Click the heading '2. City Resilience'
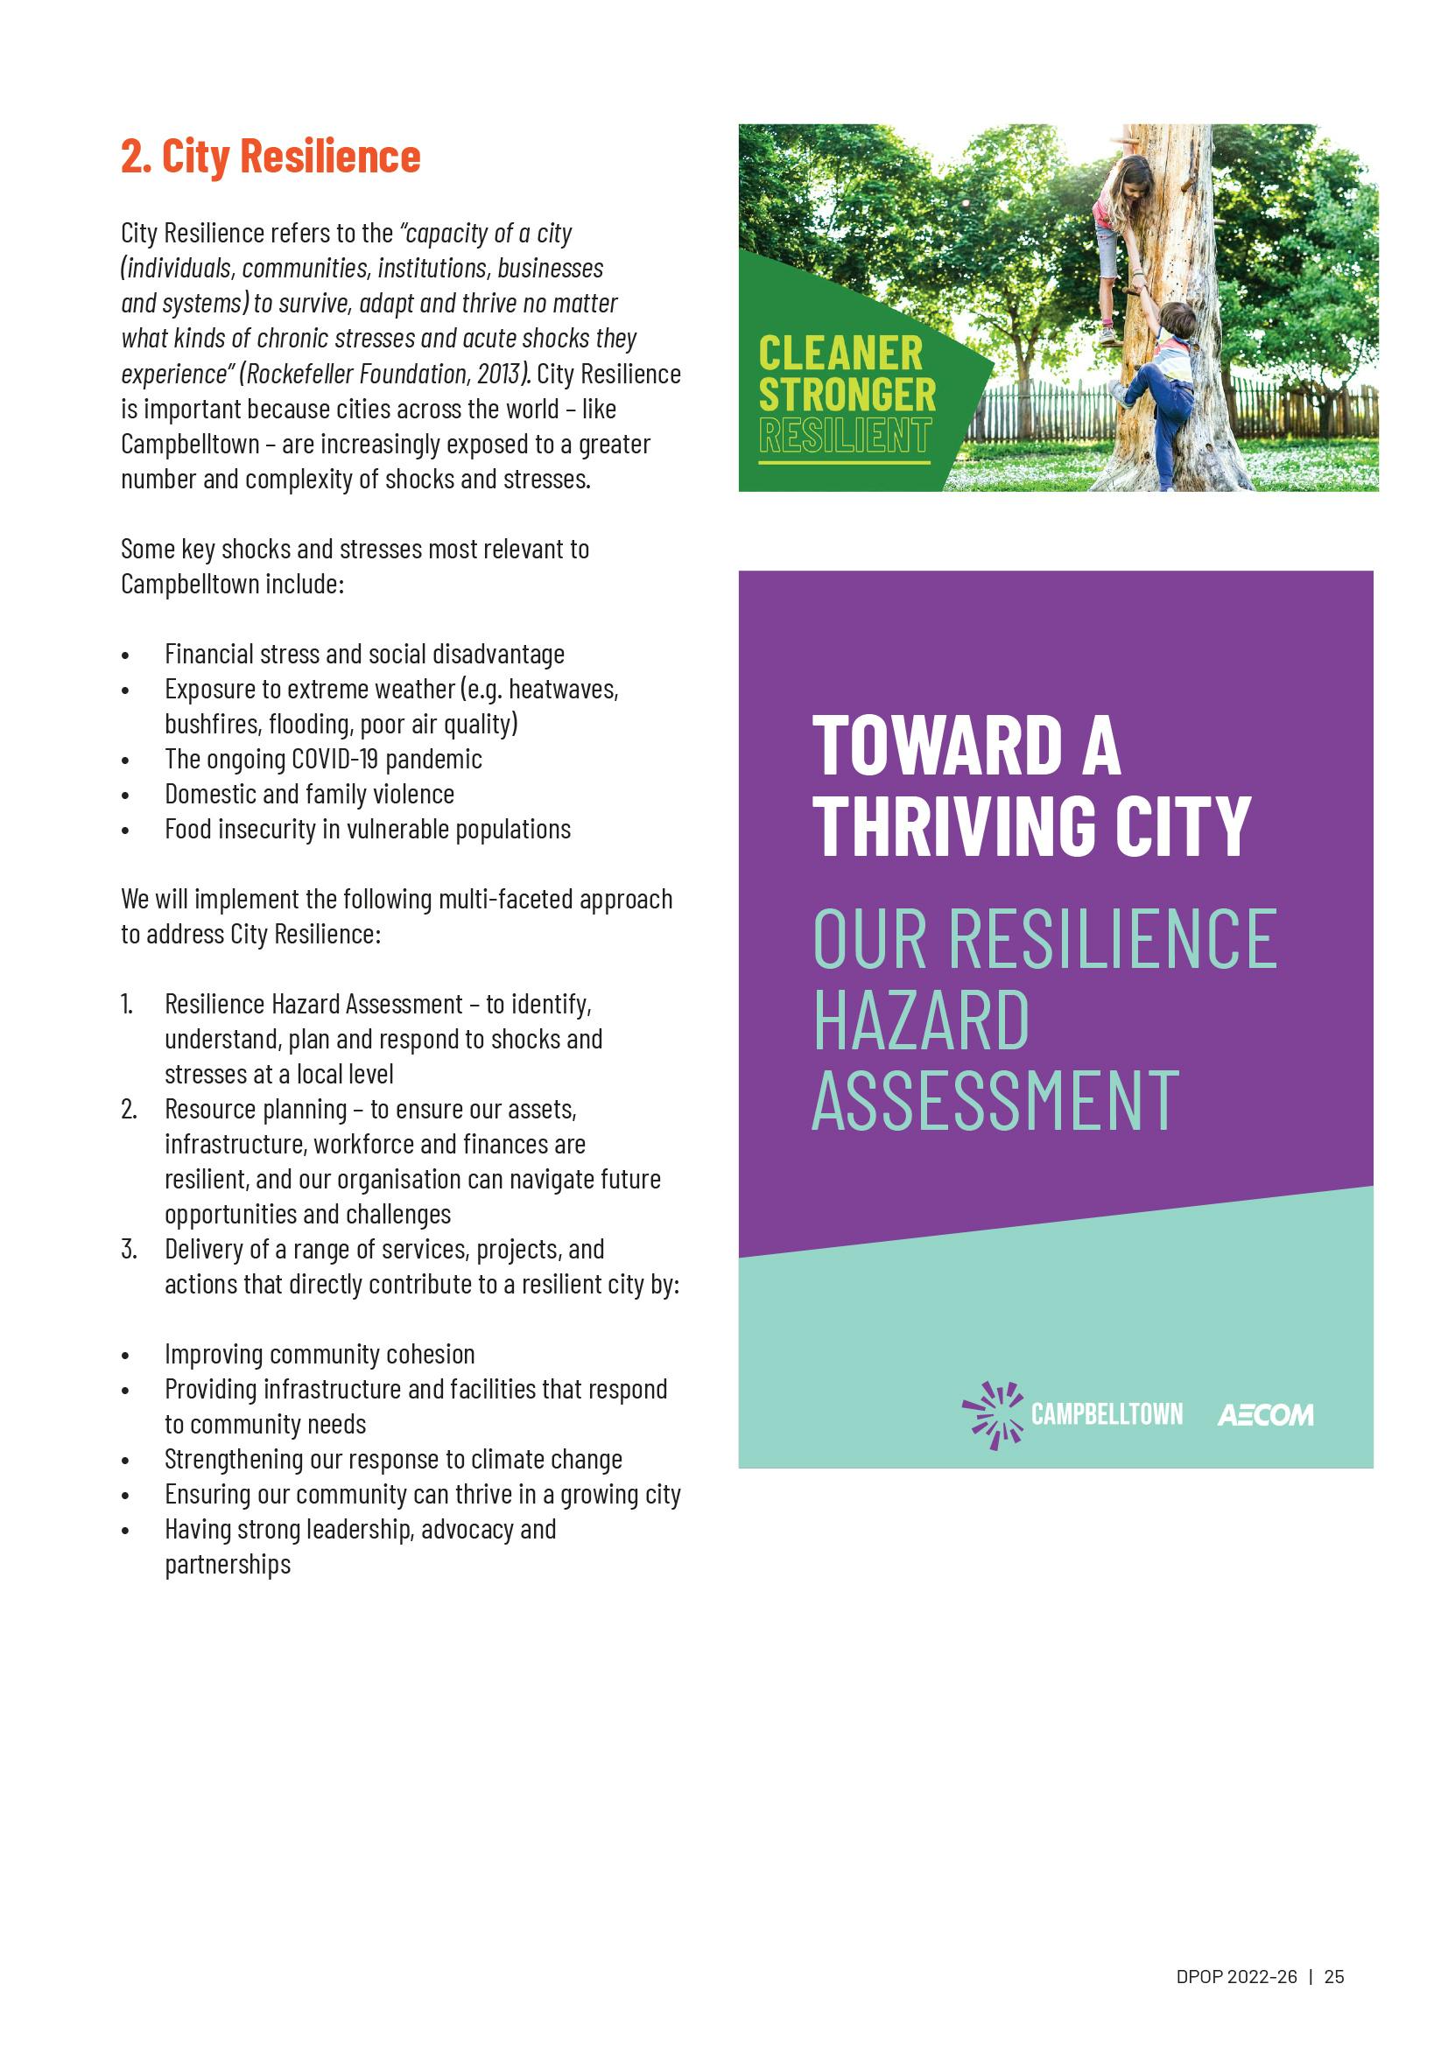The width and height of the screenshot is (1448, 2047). coord(271,157)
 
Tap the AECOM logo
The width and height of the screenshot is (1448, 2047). coord(1264,1415)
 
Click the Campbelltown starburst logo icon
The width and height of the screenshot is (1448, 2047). coord(992,1414)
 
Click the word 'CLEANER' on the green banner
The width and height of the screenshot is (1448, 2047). coord(840,354)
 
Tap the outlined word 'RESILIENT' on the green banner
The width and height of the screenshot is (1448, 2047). coord(844,436)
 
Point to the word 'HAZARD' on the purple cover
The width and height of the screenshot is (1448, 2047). coord(921,1020)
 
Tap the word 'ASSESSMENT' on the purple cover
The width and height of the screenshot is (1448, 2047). coord(995,1101)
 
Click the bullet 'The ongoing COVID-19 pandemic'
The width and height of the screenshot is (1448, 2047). coord(323,759)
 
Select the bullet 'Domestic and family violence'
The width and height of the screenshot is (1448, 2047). coord(309,794)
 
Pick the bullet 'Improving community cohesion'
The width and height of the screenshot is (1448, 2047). coord(320,1354)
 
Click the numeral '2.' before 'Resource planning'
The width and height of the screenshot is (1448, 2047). coord(130,1109)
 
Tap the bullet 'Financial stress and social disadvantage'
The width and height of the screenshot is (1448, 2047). coord(364,654)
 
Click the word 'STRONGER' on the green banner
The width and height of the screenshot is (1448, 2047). coord(847,395)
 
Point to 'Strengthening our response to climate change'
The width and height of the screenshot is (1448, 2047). coord(393,1460)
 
